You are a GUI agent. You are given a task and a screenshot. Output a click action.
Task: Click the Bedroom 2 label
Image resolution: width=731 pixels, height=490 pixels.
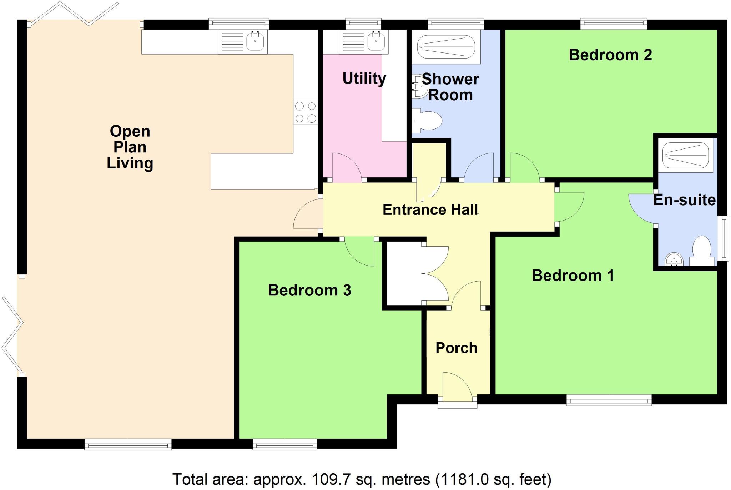pos(610,55)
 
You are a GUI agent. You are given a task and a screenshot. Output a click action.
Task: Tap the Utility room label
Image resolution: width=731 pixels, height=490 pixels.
pos(364,78)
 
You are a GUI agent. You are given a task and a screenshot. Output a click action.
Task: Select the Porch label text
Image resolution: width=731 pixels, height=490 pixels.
pos(456,348)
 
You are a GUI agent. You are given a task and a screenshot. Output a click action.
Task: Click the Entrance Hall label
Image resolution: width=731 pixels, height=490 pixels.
pos(430,210)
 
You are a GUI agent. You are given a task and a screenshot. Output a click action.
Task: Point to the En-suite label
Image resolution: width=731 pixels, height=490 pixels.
pos(684,200)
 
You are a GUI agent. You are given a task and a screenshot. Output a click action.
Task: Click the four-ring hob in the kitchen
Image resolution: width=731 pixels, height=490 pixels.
pos(306,112)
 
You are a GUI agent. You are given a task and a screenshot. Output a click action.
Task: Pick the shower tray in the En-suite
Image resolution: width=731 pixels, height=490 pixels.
pos(685,155)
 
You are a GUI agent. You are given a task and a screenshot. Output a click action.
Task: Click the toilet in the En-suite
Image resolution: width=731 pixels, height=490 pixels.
pos(701,250)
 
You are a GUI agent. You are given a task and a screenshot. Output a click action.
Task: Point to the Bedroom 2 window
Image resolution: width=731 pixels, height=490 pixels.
pos(614,24)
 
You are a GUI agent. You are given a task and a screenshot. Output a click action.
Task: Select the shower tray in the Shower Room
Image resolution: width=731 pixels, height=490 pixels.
pos(446,47)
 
